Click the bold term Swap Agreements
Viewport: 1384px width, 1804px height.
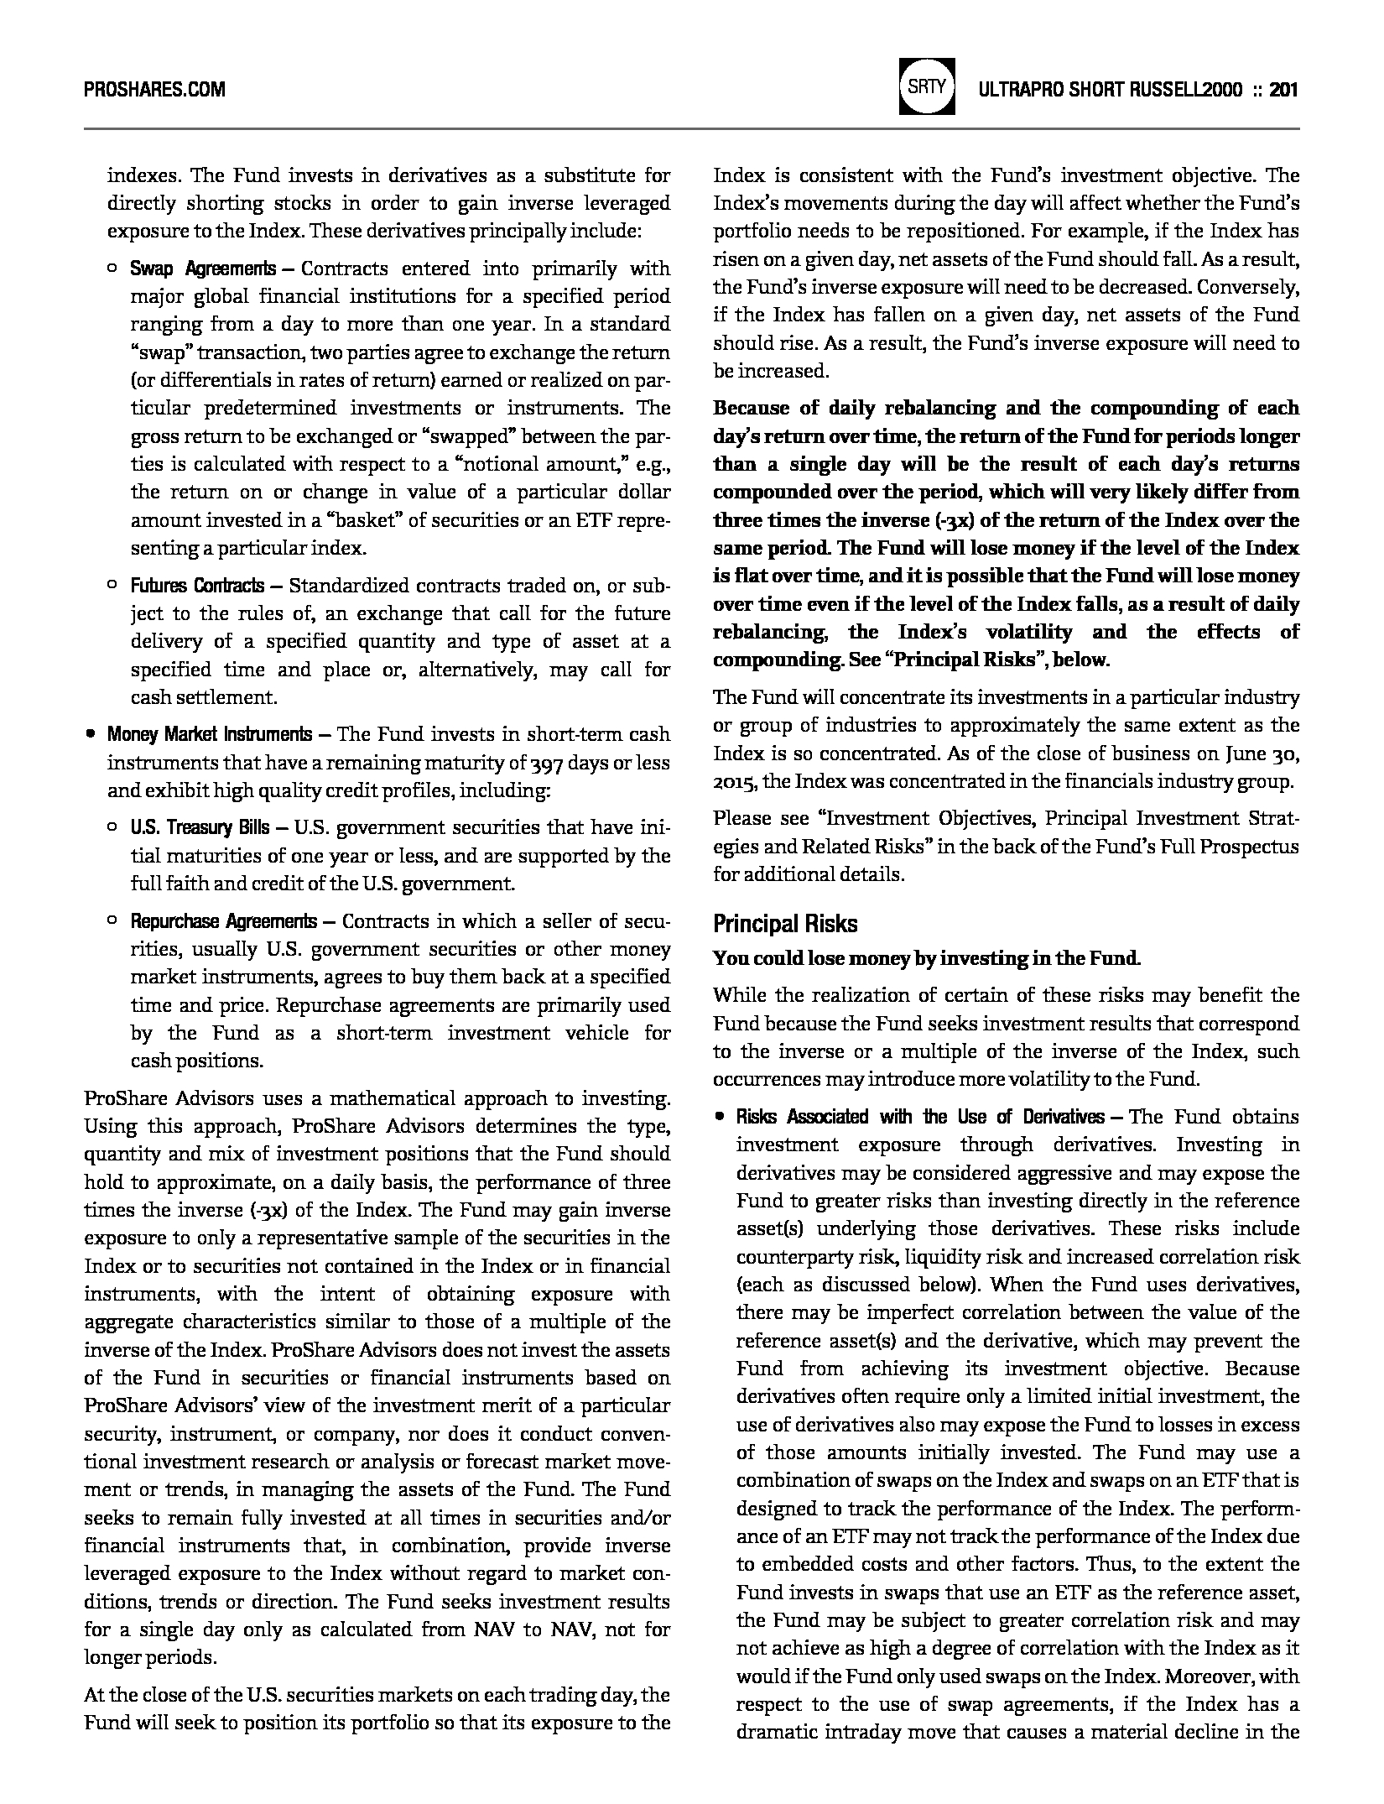coord(202,269)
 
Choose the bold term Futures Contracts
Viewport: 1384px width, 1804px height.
coord(197,586)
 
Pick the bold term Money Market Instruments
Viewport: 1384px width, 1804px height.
coord(209,735)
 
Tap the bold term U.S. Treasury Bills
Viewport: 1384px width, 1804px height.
coord(200,828)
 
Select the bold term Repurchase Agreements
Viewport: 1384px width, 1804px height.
coord(223,921)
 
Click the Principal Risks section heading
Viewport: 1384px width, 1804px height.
coord(785,924)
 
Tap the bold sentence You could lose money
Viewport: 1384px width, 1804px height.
coord(926,958)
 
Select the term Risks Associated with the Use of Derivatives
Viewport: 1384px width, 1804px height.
coord(920,1117)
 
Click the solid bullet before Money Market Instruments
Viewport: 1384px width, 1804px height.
coord(90,735)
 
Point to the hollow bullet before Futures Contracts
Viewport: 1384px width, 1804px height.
coord(112,586)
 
